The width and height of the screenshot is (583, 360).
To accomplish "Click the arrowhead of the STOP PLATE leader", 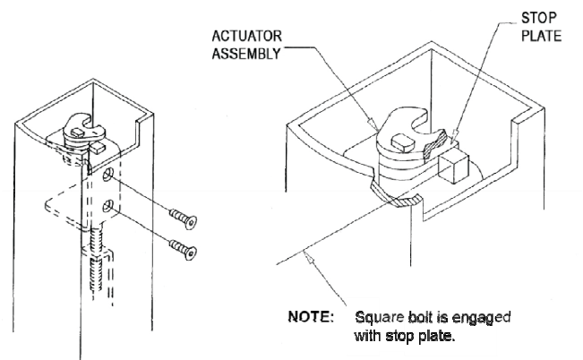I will [447, 135].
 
